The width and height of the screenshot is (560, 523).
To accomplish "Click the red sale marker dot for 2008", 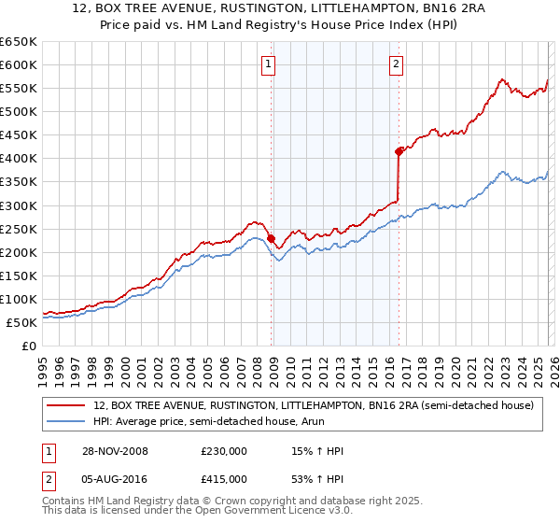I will pyautogui.click(x=272, y=238).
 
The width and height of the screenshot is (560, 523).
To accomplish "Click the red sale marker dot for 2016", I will pyautogui.click(x=399, y=150).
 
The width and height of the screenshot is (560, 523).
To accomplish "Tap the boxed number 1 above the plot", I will pyautogui.click(x=268, y=64).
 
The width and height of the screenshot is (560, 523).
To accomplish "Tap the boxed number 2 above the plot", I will pyautogui.click(x=396, y=64).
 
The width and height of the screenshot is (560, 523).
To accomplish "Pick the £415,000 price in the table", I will pyautogui.click(x=224, y=479).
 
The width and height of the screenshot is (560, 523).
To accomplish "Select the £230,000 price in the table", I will pyautogui.click(x=224, y=452).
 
